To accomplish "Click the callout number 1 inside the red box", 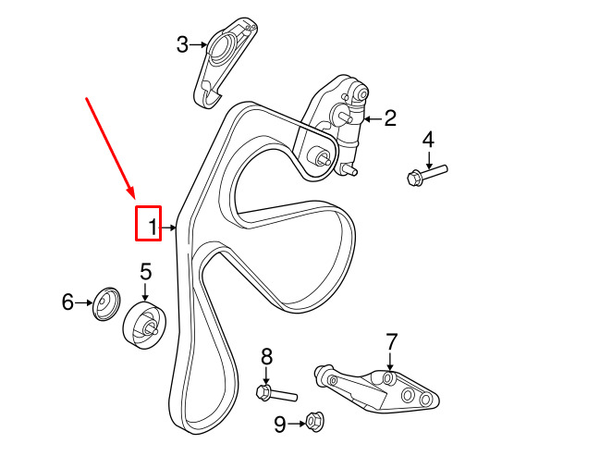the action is coord(154,228).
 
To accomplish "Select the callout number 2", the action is coord(390,117).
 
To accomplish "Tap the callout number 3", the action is coord(182,44).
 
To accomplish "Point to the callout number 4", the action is coord(428,140).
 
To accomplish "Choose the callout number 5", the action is coord(145,272).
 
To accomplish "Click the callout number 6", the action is coord(67,302).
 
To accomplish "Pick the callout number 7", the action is coord(391,342).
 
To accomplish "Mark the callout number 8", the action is coord(266,357).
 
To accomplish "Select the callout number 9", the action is coord(280,425).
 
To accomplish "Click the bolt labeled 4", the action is coord(426,175).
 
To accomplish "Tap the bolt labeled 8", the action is coord(276,393).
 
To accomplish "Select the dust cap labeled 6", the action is coord(106,304).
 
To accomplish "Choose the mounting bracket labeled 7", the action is coord(376,390).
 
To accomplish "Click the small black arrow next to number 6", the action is coord(84,302).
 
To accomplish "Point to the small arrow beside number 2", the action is coord(373,118).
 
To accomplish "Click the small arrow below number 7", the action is coord(390,361).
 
